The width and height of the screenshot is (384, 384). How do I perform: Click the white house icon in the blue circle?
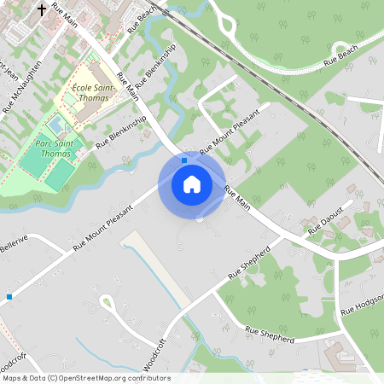[x=192, y=184]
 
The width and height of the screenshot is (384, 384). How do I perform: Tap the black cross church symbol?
[x=42, y=11]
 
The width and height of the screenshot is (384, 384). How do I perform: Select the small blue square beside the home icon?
[x=184, y=159]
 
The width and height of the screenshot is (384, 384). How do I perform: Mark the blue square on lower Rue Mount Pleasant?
[x=9, y=296]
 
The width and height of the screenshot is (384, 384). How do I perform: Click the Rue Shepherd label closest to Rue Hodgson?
[x=269, y=334]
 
